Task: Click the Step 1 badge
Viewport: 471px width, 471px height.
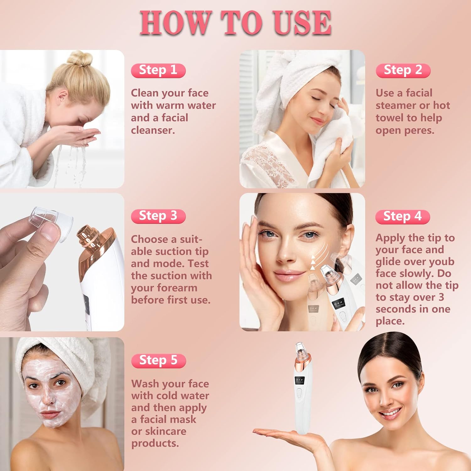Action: pyautogui.click(x=158, y=70)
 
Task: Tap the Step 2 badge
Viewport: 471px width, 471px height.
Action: pyautogui.click(x=403, y=70)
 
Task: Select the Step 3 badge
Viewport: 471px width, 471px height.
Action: pyautogui.click(x=158, y=216)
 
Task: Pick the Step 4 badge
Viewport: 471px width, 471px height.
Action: pyautogui.click(x=403, y=217)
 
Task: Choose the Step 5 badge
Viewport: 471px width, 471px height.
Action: pyautogui.click(x=159, y=360)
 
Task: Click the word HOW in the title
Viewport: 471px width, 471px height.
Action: pyautogui.click(x=175, y=23)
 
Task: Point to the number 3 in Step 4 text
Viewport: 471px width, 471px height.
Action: pyautogui.click(x=441, y=297)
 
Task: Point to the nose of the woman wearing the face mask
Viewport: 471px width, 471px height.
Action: pyautogui.click(x=47, y=396)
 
